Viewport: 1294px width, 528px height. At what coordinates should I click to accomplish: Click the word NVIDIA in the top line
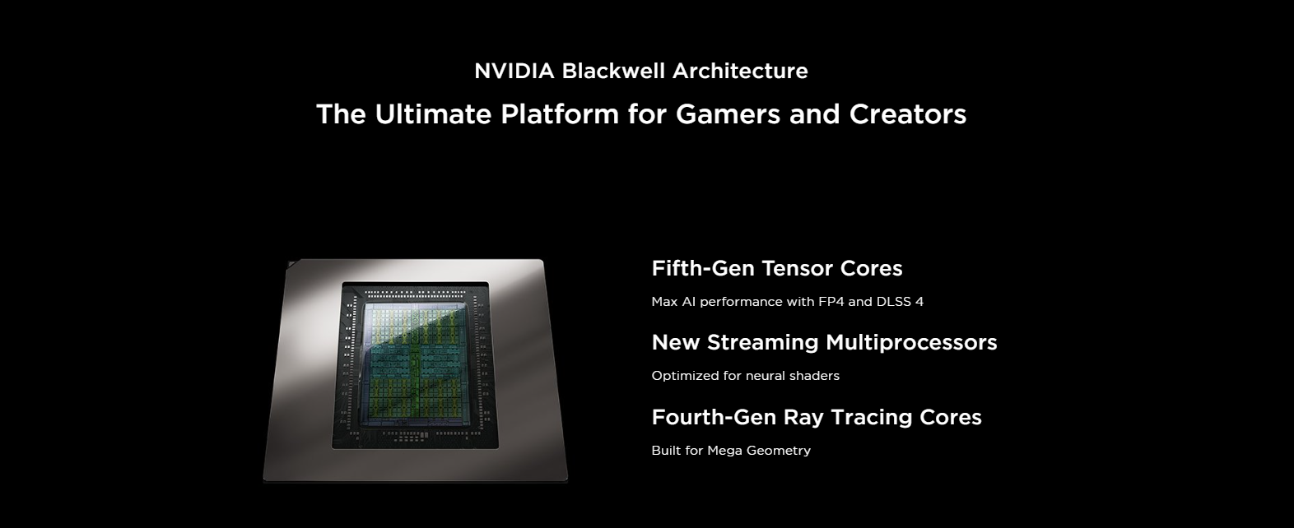coord(514,71)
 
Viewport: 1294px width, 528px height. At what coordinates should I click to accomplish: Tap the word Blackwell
coord(613,71)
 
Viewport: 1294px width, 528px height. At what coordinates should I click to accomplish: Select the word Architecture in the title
coord(740,71)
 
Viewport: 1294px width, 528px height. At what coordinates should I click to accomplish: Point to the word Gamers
coord(728,113)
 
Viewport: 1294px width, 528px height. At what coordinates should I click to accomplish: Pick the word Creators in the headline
coord(908,113)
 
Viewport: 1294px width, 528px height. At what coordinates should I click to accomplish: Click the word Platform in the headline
coord(560,113)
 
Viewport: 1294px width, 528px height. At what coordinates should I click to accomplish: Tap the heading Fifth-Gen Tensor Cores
coord(777,268)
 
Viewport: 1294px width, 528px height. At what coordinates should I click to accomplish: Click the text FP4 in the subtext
coord(831,302)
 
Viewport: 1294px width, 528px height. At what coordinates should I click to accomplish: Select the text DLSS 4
coord(900,302)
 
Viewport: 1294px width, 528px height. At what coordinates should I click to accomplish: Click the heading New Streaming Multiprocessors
coord(824,342)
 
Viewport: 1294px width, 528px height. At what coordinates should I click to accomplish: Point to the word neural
coord(766,376)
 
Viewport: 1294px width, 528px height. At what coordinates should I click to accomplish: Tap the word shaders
coord(815,376)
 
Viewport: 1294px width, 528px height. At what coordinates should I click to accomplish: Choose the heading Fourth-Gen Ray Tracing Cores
coord(817,417)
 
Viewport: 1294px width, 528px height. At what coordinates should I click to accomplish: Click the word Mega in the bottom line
coord(724,451)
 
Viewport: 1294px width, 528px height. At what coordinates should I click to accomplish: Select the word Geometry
coord(778,451)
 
